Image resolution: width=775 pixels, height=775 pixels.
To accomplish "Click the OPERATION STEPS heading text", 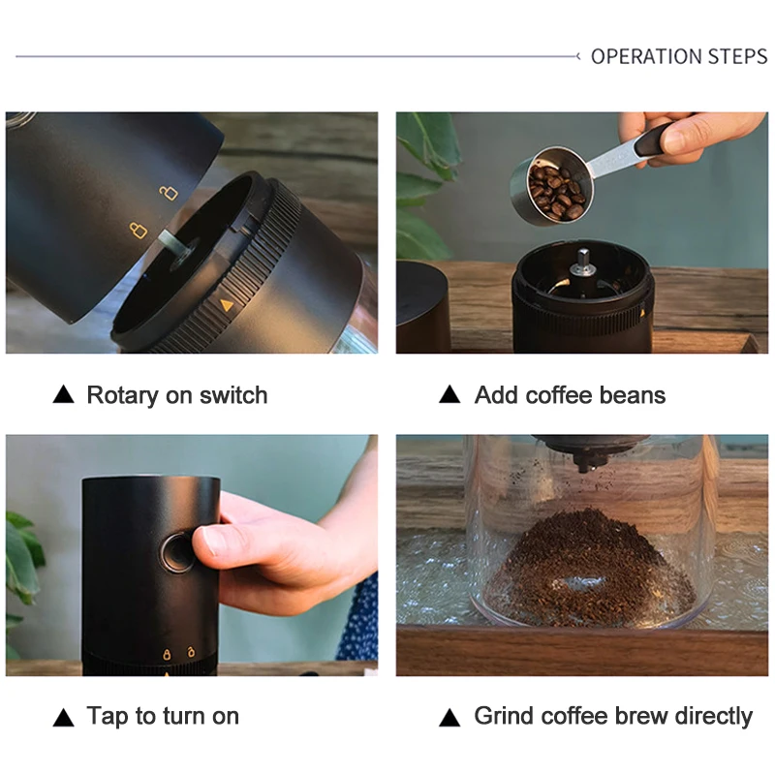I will (x=678, y=57).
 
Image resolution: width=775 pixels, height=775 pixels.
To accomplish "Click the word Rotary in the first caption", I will (x=122, y=395).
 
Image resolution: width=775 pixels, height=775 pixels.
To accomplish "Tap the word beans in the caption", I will (x=632, y=395).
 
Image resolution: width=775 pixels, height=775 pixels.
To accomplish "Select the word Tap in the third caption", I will (x=107, y=717).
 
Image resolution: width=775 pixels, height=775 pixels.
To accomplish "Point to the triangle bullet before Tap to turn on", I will (x=63, y=717).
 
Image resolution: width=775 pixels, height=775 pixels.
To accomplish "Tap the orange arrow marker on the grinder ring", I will (x=227, y=304).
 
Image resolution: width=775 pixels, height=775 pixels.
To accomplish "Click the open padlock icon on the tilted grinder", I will (x=170, y=193).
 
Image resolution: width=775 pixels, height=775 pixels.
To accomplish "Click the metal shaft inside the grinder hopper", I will (x=582, y=262).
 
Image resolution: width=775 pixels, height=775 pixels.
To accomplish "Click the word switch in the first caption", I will (x=233, y=395).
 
